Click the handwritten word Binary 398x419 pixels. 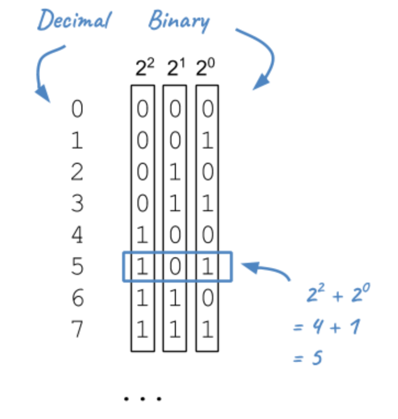tap(179, 21)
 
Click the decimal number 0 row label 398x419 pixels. tap(78, 109)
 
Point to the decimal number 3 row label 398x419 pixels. tap(78, 204)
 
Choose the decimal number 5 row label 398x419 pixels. tap(78, 267)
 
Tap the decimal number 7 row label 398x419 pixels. tap(78, 330)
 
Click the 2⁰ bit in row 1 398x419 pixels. tap(207, 141)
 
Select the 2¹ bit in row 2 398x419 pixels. tap(175, 173)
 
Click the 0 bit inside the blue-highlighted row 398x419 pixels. tap(175, 267)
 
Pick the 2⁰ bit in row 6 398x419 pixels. tap(207, 299)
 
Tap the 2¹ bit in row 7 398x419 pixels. tap(175, 330)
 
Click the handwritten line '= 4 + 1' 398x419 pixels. tap(327, 329)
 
